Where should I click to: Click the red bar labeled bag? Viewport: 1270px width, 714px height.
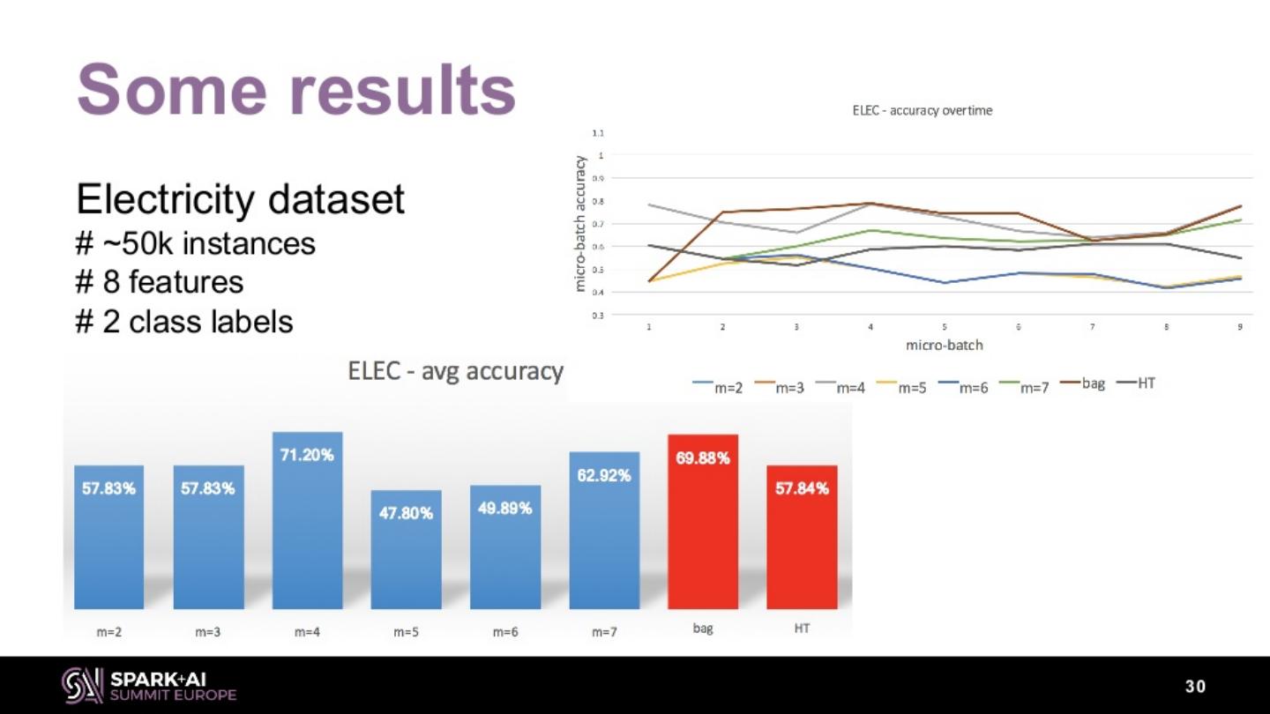[703, 529]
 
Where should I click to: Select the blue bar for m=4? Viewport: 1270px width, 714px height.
[307, 529]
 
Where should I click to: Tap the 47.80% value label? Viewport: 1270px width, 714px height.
[406, 513]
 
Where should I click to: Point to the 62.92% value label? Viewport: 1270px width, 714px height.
[604, 476]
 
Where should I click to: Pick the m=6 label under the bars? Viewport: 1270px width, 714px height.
[504, 631]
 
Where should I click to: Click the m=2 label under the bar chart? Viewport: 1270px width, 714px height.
[109, 631]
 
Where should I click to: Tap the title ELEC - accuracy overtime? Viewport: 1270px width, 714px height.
[922, 110]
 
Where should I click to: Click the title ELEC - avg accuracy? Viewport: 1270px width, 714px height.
[455, 371]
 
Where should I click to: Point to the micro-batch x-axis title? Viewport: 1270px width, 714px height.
[944, 345]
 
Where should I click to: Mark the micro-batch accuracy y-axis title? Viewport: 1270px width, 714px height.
[580, 224]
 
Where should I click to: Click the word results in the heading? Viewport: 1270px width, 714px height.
[402, 90]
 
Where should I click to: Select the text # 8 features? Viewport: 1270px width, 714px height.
[160, 282]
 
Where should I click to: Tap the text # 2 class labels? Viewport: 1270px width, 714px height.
[184, 322]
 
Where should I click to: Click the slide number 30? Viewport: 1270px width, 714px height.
[1195, 687]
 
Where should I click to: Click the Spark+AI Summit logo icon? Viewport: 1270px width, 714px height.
[82, 685]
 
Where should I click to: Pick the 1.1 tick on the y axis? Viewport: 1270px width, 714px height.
[598, 133]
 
